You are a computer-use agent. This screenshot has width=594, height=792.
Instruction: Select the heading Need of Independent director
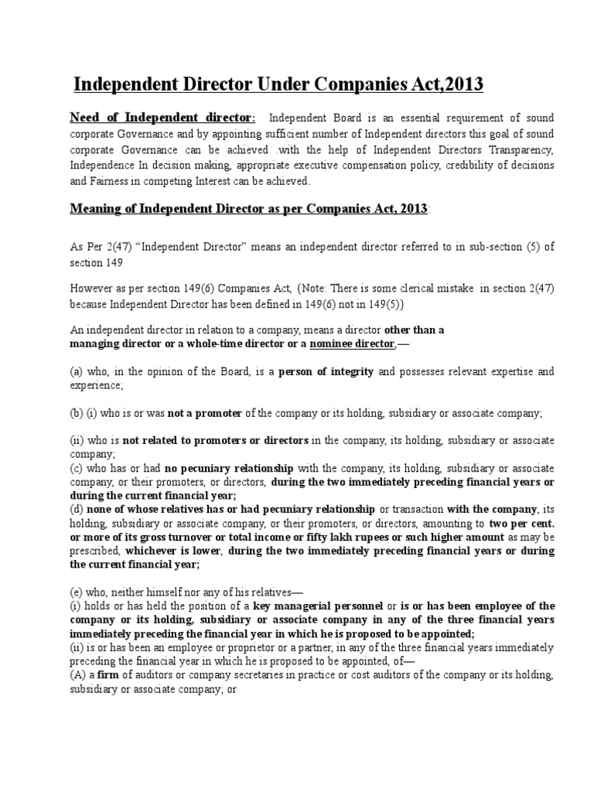(162, 118)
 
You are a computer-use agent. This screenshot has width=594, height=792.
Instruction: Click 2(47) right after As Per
(118, 246)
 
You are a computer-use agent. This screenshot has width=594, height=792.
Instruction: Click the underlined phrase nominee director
(353, 343)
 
